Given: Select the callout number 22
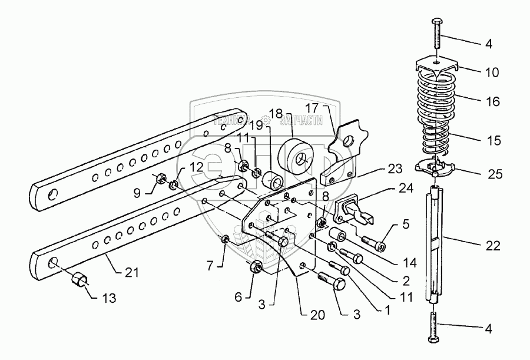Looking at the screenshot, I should tap(493, 246).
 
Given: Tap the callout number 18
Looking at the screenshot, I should tap(276, 113).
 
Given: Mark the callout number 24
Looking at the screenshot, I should tap(405, 190).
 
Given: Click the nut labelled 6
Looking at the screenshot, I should tap(257, 267).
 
